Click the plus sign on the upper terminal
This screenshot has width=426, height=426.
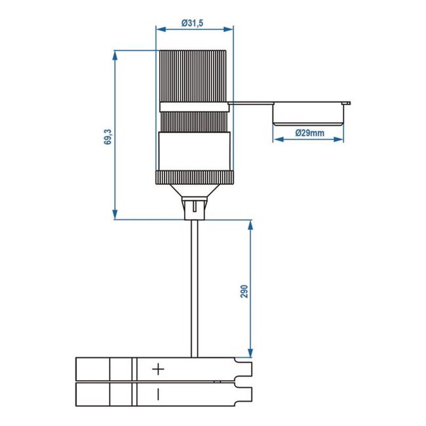point(158,369)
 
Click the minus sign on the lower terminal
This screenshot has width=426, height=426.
point(158,394)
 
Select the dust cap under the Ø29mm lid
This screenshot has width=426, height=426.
point(309,115)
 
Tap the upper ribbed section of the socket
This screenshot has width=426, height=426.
point(194,75)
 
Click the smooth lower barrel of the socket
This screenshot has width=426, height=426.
point(194,151)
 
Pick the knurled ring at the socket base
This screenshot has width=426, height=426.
point(194,178)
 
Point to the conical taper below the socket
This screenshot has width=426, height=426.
point(194,191)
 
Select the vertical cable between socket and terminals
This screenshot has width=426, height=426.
point(194,288)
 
